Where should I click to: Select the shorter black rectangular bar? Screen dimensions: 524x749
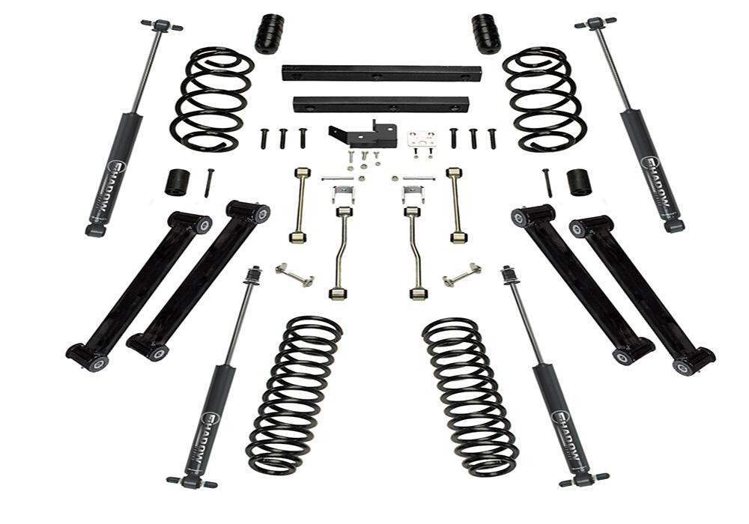click(x=380, y=103)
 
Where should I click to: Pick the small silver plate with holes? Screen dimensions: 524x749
click(x=422, y=139)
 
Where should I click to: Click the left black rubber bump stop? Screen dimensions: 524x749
click(x=269, y=34)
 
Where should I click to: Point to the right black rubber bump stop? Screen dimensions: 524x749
click(x=486, y=33)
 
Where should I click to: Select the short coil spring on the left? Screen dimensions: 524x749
click(x=211, y=100)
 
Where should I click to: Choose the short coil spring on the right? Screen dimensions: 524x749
click(x=543, y=99)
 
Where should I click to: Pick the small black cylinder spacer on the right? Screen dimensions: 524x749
click(x=578, y=182)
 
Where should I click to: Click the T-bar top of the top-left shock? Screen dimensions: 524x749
click(x=162, y=25)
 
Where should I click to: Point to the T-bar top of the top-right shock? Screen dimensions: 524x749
click(x=595, y=22)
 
